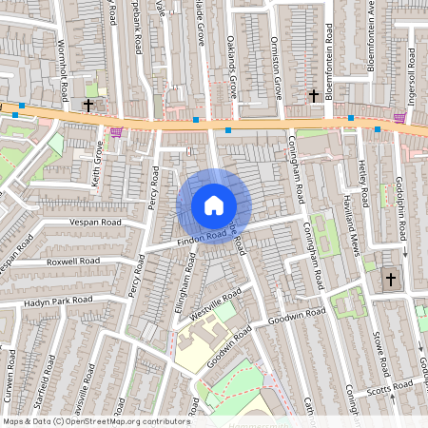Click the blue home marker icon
pyautogui.click(x=214, y=205)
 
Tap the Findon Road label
pyautogui.click(x=200, y=238)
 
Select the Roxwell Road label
pyautogui.click(x=73, y=260)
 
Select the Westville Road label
pyautogui.click(x=212, y=309)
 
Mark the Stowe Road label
pyautogui.click(x=380, y=353)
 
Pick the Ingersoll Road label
pyautogui.click(x=412, y=68)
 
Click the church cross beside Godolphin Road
pyautogui.click(x=390, y=280)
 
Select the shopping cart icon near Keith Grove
pyautogui.click(x=117, y=132)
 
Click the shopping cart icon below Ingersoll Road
pyautogui.click(x=399, y=118)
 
